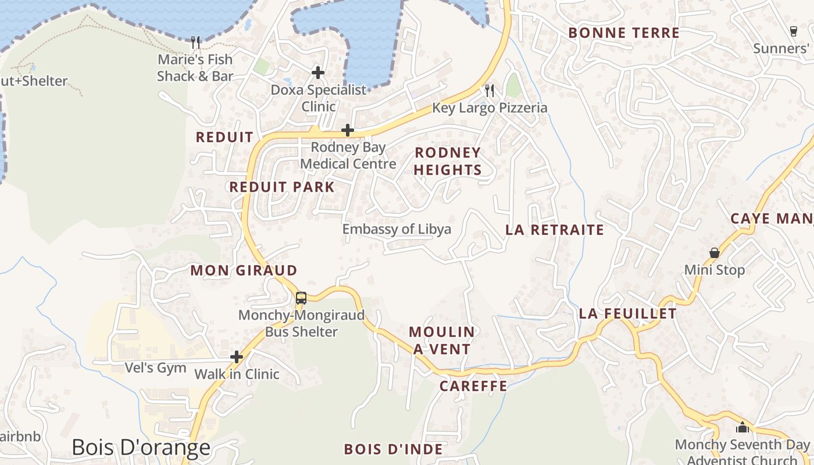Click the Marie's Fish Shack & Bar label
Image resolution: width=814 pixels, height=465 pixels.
pos(195,67)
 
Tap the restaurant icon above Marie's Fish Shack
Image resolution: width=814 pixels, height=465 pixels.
pos(195,42)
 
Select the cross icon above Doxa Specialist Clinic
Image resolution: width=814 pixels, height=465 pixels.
pos(317,73)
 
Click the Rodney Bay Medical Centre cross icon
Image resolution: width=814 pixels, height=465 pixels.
pos(348,130)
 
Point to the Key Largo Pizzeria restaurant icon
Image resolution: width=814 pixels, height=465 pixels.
pos(490,90)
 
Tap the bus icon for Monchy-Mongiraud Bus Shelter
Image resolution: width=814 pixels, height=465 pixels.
pos(301,298)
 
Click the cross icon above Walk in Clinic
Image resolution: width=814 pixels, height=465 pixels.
pos(237,356)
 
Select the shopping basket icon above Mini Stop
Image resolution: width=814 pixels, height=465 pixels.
pos(714,253)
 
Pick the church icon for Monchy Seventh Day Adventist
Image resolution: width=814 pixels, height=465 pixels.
pos(742,427)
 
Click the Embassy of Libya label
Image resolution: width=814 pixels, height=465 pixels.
pos(397,229)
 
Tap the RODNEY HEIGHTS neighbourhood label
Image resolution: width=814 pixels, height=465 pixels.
pos(447,161)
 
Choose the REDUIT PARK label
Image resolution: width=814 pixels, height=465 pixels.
pos(282,187)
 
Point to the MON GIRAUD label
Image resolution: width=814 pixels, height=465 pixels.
pos(244,270)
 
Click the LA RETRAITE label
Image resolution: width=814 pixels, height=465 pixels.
pos(555,230)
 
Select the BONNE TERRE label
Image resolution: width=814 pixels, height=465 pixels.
pos(624,33)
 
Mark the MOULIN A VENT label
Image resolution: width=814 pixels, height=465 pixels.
pos(441,340)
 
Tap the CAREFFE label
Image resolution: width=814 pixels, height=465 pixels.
pos(473,386)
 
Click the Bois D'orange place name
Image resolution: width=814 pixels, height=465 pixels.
pos(141,448)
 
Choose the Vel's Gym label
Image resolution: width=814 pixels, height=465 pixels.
pos(156,368)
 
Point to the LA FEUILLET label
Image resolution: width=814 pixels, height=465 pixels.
pos(628,314)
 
